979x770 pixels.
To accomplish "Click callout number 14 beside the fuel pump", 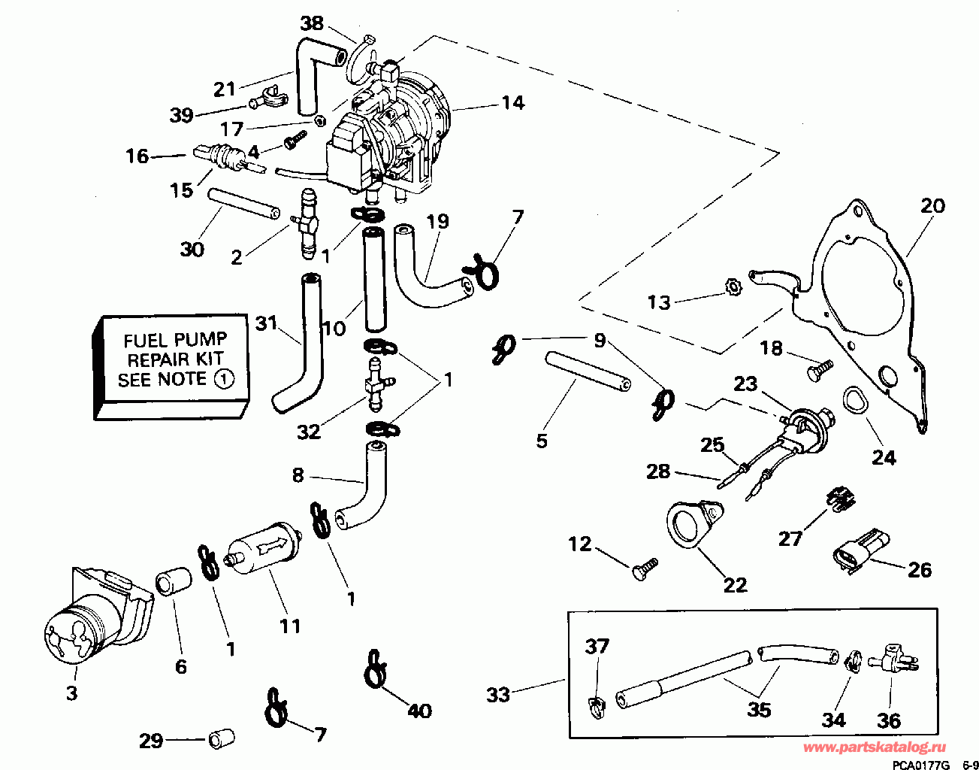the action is click(513, 103).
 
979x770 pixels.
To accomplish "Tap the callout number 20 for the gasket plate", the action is click(932, 206).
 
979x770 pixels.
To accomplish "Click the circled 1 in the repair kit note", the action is click(224, 380).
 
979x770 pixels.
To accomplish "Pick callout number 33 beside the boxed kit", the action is click(499, 695).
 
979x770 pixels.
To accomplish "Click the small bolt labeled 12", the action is click(644, 569).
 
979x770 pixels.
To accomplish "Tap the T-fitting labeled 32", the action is click(377, 384).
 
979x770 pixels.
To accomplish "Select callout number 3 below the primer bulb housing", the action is click(72, 693).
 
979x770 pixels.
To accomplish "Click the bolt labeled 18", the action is click(819, 371).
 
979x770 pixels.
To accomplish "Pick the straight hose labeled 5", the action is click(588, 371).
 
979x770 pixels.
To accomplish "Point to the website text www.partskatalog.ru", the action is click(875, 747).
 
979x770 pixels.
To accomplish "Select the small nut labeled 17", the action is click(319, 121).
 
